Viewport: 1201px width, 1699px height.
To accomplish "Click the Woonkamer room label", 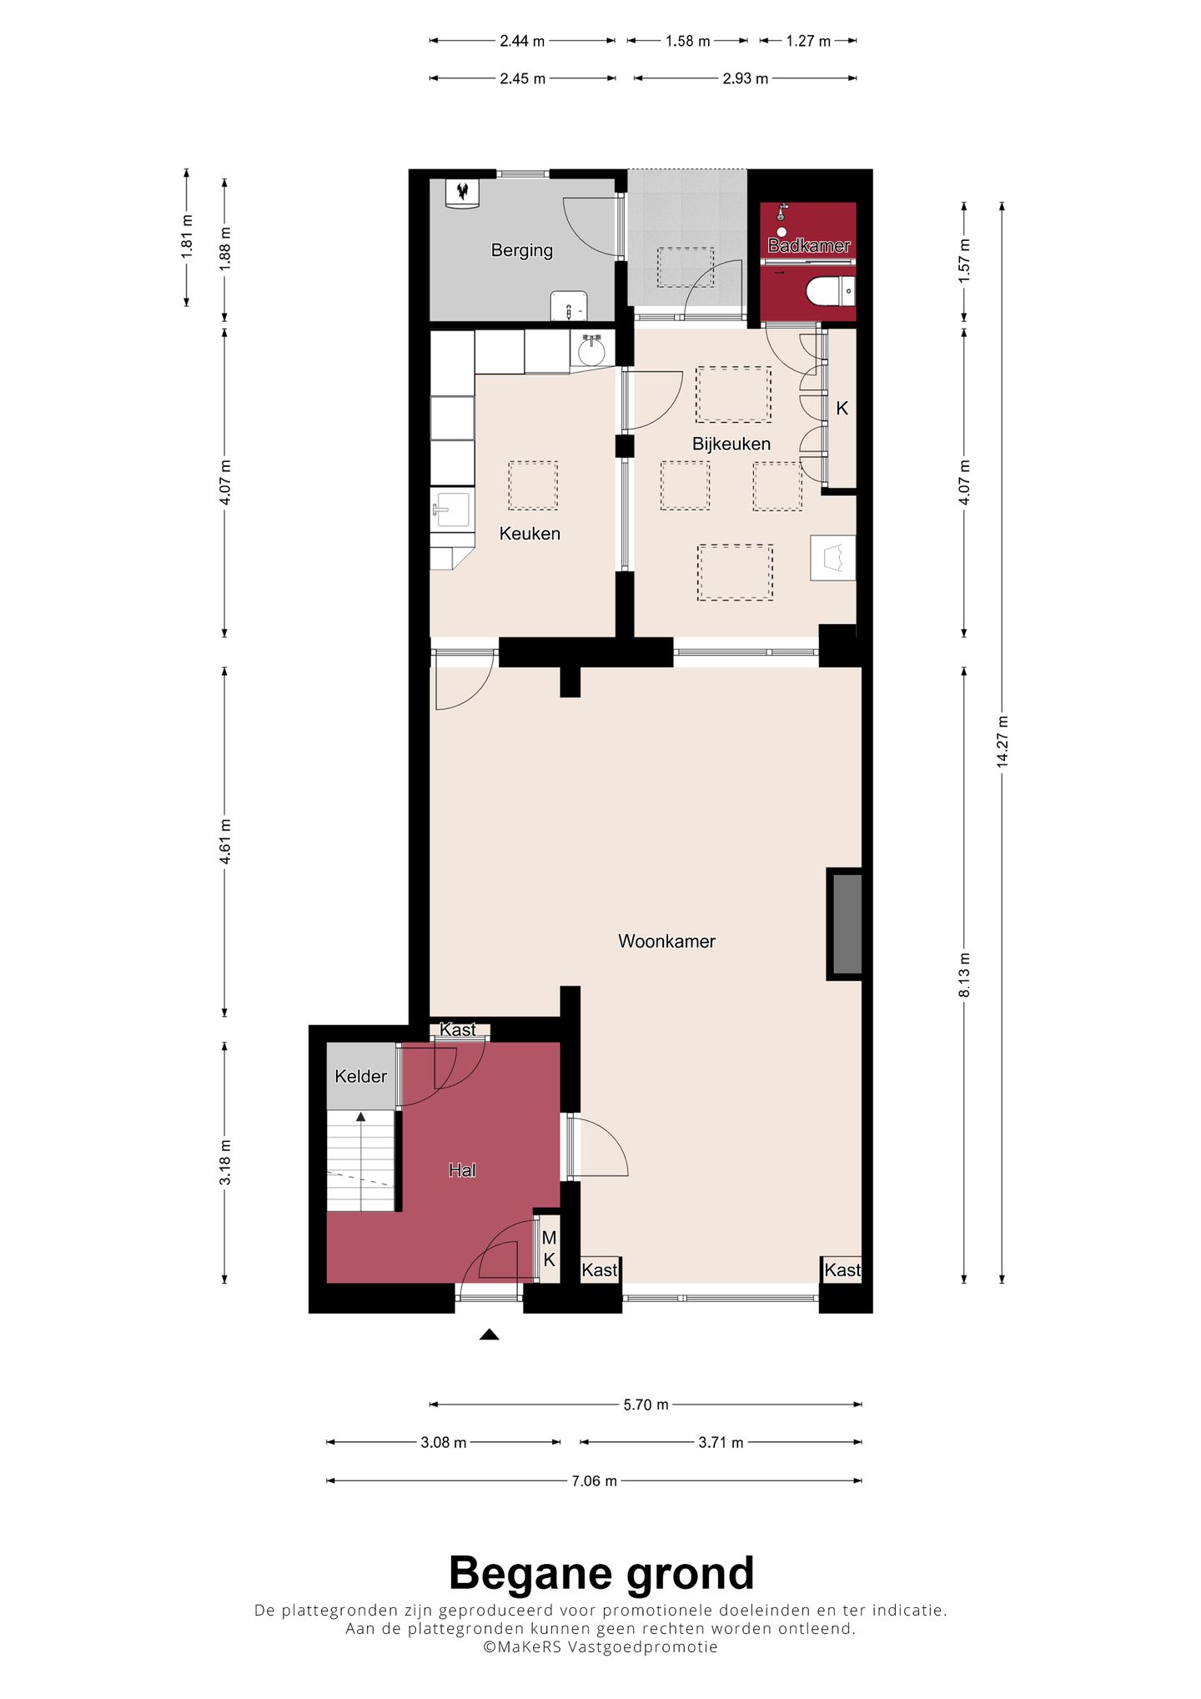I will [x=666, y=942].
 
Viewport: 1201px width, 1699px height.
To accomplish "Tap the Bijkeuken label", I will [x=731, y=444].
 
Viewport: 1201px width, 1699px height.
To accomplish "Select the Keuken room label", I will [x=530, y=534].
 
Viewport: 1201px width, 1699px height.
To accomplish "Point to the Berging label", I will [x=521, y=250].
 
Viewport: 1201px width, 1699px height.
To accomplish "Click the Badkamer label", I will [x=809, y=246].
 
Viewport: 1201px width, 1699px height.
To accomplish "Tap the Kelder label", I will [x=360, y=1077].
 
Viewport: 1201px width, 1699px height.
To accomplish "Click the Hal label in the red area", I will [x=462, y=1170].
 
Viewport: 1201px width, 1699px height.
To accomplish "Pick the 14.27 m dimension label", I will [x=1003, y=741].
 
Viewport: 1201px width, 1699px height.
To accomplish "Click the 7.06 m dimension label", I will [x=594, y=1481].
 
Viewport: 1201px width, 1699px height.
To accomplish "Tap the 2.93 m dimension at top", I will [x=745, y=78].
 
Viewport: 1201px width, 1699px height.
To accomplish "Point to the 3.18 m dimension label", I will [x=225, y=1162].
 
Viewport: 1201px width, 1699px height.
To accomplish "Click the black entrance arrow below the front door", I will [x=489, y=1335].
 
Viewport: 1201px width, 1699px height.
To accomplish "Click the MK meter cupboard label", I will [x=549, y=1249].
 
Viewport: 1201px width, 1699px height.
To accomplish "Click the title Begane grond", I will [x=600, y=1574].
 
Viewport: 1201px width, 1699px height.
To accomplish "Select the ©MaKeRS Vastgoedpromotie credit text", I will [x=600, y=1646].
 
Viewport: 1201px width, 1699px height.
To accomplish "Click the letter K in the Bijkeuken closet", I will [x=842, y=409].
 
